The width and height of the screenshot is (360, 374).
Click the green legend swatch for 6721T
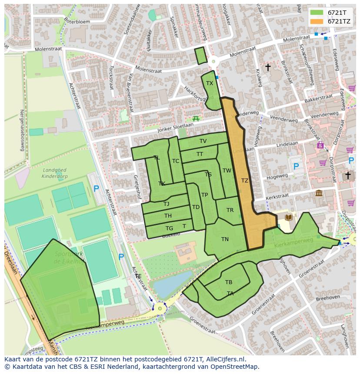317,13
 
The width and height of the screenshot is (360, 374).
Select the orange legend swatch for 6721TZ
317,21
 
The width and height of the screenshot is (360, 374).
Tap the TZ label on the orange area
245,181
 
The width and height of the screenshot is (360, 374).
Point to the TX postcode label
210,83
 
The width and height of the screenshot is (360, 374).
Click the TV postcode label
203,141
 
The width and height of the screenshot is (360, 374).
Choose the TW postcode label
227,171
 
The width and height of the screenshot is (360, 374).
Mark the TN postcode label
225,239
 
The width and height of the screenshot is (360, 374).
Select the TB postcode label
229,282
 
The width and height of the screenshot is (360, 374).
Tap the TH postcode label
168,216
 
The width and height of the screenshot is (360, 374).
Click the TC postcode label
176,161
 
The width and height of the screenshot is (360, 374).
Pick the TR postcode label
230,210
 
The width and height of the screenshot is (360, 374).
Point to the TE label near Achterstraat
138,276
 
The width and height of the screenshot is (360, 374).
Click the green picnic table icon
195,118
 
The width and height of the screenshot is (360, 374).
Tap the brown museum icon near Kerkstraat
319,193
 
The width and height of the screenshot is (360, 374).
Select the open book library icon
288,217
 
